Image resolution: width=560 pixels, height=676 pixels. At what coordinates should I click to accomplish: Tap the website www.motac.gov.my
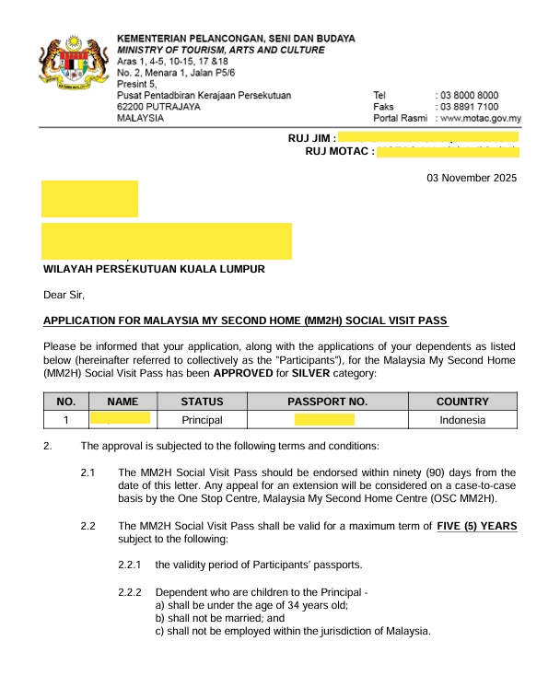[x=481, y=119]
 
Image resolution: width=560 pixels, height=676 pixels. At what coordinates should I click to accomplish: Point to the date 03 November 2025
[x=472, y=179]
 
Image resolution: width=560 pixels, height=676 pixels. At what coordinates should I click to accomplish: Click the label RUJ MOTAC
[x=339, y=151]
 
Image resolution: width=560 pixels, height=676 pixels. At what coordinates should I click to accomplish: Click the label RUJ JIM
[x=312, y=138]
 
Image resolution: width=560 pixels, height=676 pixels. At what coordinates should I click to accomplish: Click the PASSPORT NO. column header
[x=327, y=402]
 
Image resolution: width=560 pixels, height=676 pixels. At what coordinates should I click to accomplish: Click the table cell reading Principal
[x=208, y=420]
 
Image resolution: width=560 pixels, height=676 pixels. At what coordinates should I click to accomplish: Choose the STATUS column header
[x=208, y=402]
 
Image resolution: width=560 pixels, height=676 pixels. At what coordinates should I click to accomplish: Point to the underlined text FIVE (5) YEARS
[x=477, y=526]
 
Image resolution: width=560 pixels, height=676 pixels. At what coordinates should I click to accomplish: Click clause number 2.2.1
[x=131, y=564]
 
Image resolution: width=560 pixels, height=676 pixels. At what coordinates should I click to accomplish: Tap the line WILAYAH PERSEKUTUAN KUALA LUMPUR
[x=155, y=269]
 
